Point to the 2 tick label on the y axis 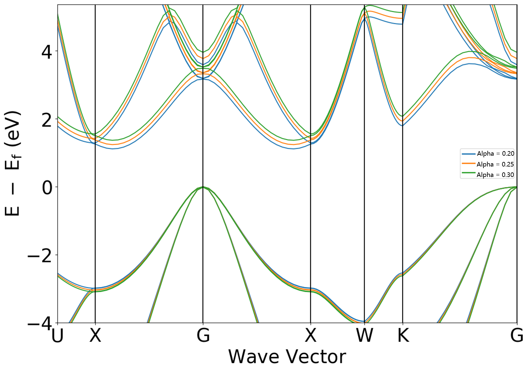(x=47, y=120)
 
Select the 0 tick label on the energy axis (x=47, y=188)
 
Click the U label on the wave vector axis (x=58, y=336)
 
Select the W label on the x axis (x=365, y=336)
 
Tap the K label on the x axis (x=403, y=336)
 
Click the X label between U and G (x=95, y=336)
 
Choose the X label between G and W (x=311, y=336)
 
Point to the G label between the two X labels (x=203, y=336)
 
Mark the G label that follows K (x=517, y=336)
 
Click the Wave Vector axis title (x=287, y=357)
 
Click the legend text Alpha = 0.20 (x=495, y=153)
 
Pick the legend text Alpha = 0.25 (x=495, y=164)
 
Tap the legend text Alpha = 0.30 (x=495, y=175)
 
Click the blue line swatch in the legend (x=468, y=153)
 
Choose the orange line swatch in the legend (x=468, y=163)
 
